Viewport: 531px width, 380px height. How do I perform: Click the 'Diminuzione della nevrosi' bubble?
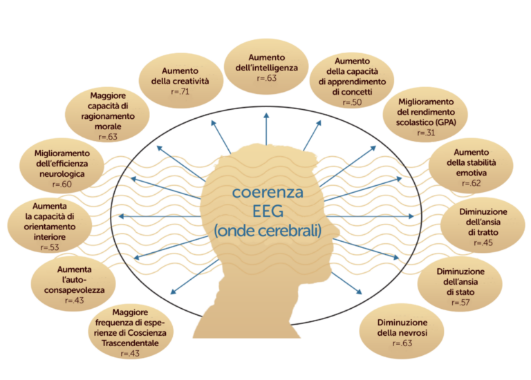point(402,333)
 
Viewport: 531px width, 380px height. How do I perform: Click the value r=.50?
point(352,102)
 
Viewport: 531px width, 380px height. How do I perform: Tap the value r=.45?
point(483,243)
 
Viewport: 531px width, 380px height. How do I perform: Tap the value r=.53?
point(49,247)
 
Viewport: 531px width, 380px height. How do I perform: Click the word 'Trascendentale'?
point(130,342)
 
